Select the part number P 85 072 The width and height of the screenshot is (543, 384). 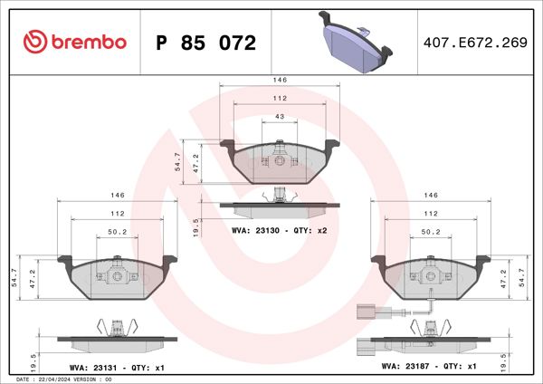(x=206, y=43)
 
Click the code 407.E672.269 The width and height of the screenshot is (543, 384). (x=475, y=43)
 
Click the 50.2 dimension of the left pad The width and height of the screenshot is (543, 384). (x=117, y=233)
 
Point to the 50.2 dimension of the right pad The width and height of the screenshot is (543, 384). (x=432, y=233)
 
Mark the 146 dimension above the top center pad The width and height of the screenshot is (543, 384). (x=280, y=80)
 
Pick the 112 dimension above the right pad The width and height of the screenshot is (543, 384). (x=432, y=214)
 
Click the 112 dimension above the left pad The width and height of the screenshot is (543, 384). (x=117, y=214)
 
